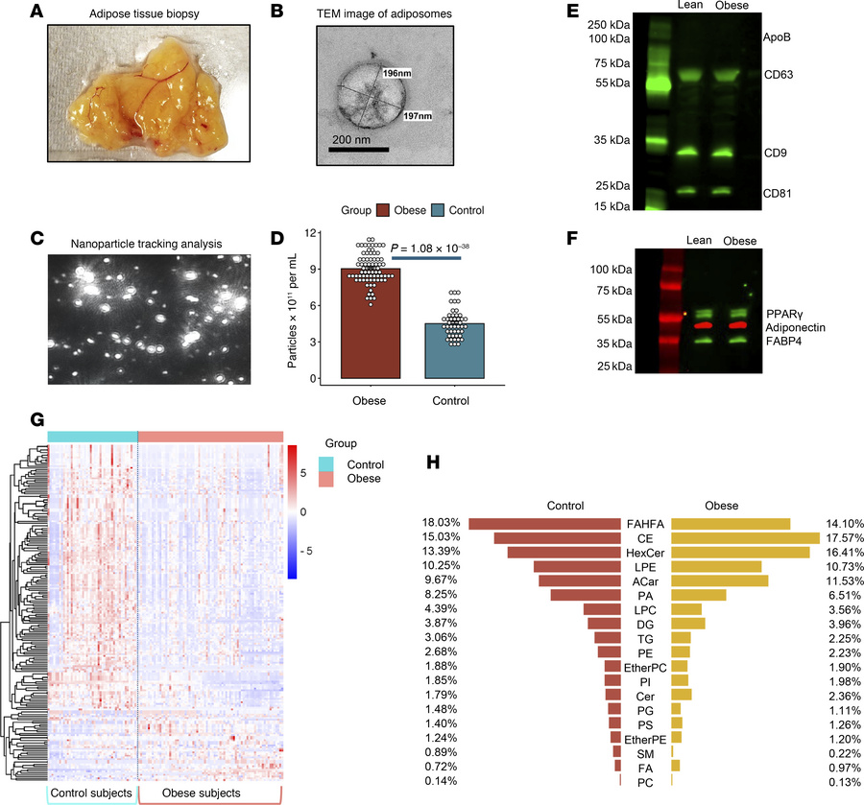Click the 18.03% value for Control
(439, 524)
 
